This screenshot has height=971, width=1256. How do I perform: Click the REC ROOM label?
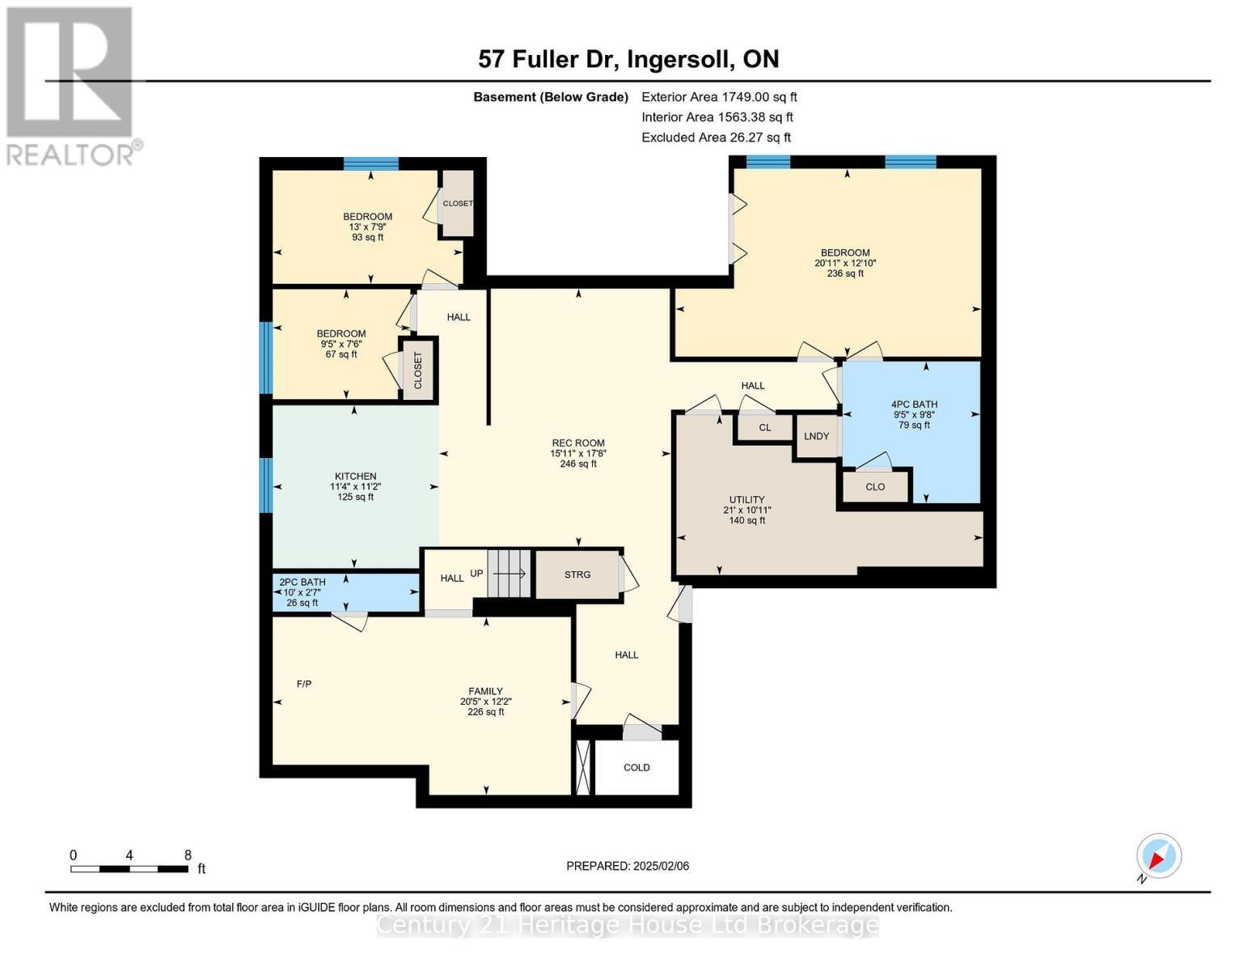pyautogui.click(x=577, y=443)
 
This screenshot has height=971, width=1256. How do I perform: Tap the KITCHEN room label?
pyautogui.click(x=355, y=477)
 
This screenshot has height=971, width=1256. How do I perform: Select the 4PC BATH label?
pyautogui.click(x=914, y=405)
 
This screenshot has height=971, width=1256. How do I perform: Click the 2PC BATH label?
pyautogui.click(x=302, y=582)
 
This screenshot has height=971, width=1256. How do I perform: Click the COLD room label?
pyautogui.click(x=636, y=767)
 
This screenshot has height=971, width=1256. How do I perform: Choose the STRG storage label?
pyautogui.click(x=577, y=575)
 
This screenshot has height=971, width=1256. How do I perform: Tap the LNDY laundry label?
pyautogui.click(x=816, y=436)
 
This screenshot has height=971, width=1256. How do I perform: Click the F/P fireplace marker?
pyautogui.click(x=304, y=684)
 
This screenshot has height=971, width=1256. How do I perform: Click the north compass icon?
pyautogui.click(x=1158, y=857)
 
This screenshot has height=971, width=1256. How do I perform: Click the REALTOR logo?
pyautogui.click(x=71, y=85)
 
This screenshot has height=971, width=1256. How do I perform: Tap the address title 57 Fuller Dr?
pyautogui.click(x=628, y=59)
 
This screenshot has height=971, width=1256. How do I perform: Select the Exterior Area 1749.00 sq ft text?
pyautogui.click(x=719, y=97)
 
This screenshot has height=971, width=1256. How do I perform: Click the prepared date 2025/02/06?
pyautogui.click(x=628, y=866)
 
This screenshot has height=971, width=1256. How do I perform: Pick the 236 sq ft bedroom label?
pyautogui.click(x=845, y=273)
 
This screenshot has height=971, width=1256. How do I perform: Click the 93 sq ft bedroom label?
pyautogui.click(x=367, y=237)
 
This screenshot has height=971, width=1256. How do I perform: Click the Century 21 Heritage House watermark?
pyautogui.click(x=628, y=925)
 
